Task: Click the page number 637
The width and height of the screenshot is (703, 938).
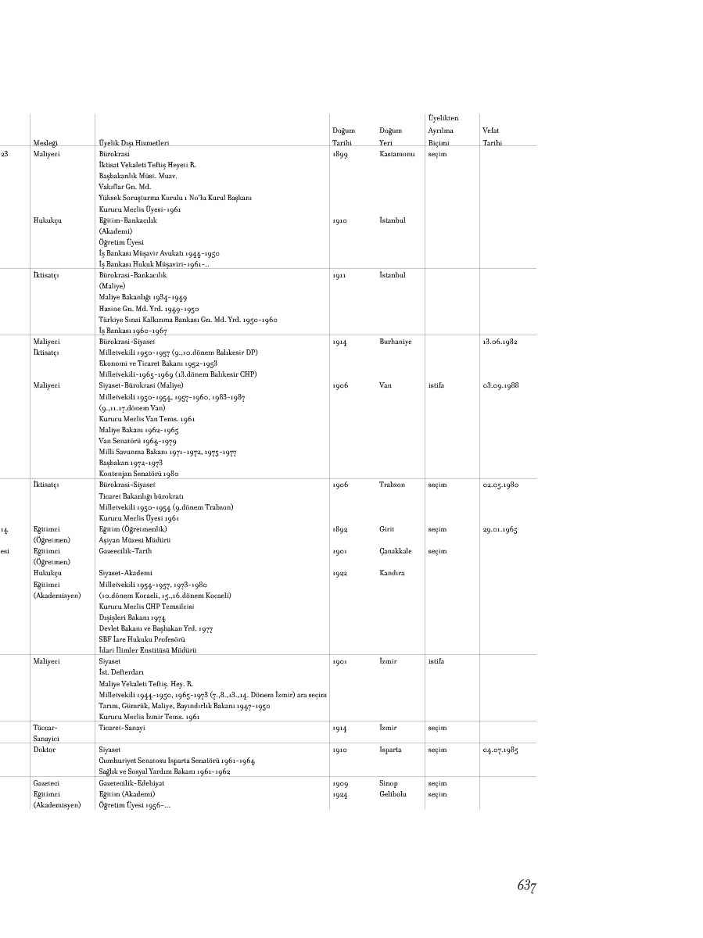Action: (x=525, y=886)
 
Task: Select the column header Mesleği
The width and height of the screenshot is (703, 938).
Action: (x=46, y=143)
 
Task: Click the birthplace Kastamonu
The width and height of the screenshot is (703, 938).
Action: (x=396, y=154)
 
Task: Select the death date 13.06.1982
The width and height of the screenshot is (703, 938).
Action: (x=500, y=342)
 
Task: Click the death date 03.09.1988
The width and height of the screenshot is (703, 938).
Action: (x=500, y=385)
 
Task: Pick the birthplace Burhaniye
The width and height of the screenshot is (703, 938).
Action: (x=395, y=342)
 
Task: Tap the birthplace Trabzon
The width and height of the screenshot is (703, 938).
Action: (x=392, y=485)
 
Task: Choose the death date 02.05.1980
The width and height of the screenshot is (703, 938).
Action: (x=500, y=485)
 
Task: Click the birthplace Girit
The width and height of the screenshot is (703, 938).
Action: (x=386, y=529)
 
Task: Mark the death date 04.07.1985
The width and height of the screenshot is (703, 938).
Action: (x=500, y=750)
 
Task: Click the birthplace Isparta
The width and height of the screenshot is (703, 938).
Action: (x=390, y=750)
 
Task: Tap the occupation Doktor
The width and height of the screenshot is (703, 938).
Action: (x=44, y=750)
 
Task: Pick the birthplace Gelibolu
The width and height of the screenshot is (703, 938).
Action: (x=393, y=794)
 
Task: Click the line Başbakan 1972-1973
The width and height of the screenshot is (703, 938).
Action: (x=131, y=463)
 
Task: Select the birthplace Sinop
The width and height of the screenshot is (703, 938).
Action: (x=388, y=783)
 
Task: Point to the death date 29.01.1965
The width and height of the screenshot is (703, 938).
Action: (x=500, y=529)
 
